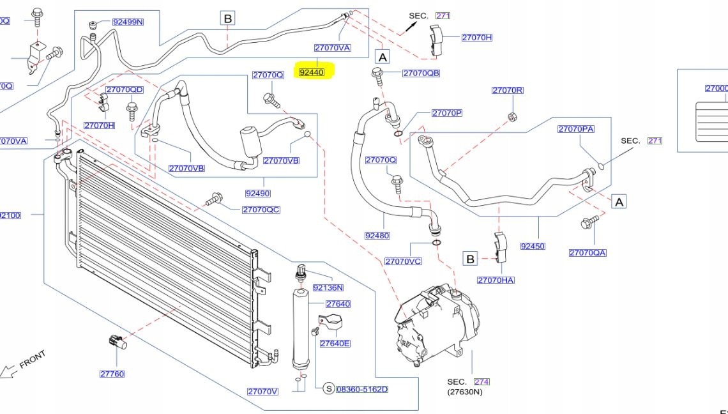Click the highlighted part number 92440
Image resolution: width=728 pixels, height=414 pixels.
point(312,72)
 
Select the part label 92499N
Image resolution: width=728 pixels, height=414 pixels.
point(128,22)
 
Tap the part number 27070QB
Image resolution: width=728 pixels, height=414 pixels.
point(421,73)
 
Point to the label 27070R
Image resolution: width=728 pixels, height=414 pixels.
point(507,90)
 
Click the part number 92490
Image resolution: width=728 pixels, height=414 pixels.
point(257,193)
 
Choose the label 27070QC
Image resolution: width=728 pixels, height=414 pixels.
point(261,210)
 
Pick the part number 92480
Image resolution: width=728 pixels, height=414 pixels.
point(377,235)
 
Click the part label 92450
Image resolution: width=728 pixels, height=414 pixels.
point(533,245)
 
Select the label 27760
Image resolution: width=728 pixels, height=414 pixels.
point(112,374)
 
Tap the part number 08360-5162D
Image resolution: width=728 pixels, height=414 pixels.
point(361,388)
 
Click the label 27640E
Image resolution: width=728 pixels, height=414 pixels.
point(335,343)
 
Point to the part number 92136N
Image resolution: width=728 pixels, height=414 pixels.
point(328,287)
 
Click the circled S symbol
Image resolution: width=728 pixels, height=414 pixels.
point(328,388)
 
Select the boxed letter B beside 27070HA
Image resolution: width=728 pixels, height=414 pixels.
point(470,259)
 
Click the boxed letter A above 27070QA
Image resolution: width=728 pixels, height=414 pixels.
point(618,202)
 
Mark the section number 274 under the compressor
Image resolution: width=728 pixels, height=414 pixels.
point(482,382)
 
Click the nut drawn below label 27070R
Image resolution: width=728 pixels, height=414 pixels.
point(512,116)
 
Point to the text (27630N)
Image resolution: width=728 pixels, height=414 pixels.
point(464,392)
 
